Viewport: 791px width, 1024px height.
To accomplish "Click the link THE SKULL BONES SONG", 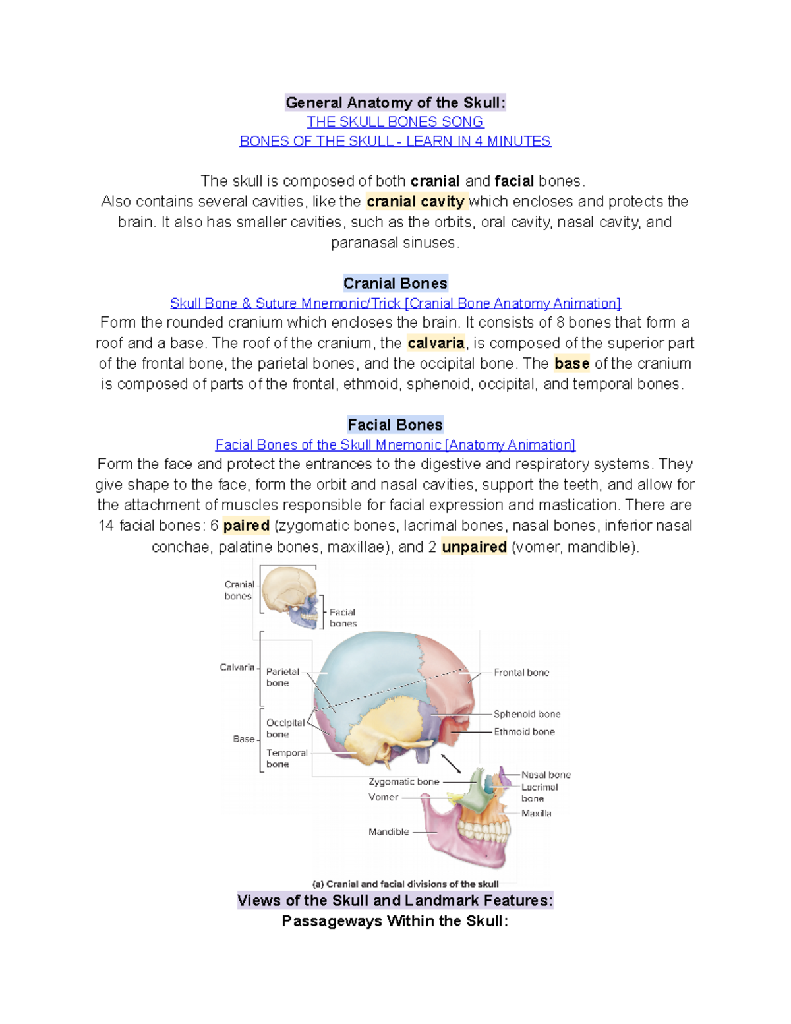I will (395, 122).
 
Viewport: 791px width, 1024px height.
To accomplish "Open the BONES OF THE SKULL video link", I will (395, 141).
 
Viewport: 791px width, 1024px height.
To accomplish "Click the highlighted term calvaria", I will (436, 343).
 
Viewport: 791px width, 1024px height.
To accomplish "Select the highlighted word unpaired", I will (474, 547).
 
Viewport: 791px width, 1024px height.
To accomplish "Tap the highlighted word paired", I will (246, 526).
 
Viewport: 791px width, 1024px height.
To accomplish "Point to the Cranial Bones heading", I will (395, 284).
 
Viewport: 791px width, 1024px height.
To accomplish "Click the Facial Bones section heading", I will (395, 425).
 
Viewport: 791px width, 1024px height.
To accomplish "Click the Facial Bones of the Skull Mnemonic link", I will (395, 445).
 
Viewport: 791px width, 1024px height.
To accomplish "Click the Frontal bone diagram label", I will (521, 673).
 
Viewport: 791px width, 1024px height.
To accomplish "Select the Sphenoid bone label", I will (527, 714).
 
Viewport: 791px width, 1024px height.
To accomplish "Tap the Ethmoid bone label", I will (524, 731).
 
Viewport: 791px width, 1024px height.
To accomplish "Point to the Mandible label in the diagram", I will (388, 832).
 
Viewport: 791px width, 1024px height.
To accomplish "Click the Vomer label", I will (383, 797).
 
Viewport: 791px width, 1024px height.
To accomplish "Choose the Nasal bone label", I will (546, 775).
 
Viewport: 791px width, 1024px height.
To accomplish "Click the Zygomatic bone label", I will (403, 781).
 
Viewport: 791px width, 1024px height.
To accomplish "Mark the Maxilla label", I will (536, 814).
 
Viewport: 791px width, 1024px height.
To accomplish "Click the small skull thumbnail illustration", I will (291, 595).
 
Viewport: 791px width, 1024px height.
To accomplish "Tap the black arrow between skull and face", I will (451, 764).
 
